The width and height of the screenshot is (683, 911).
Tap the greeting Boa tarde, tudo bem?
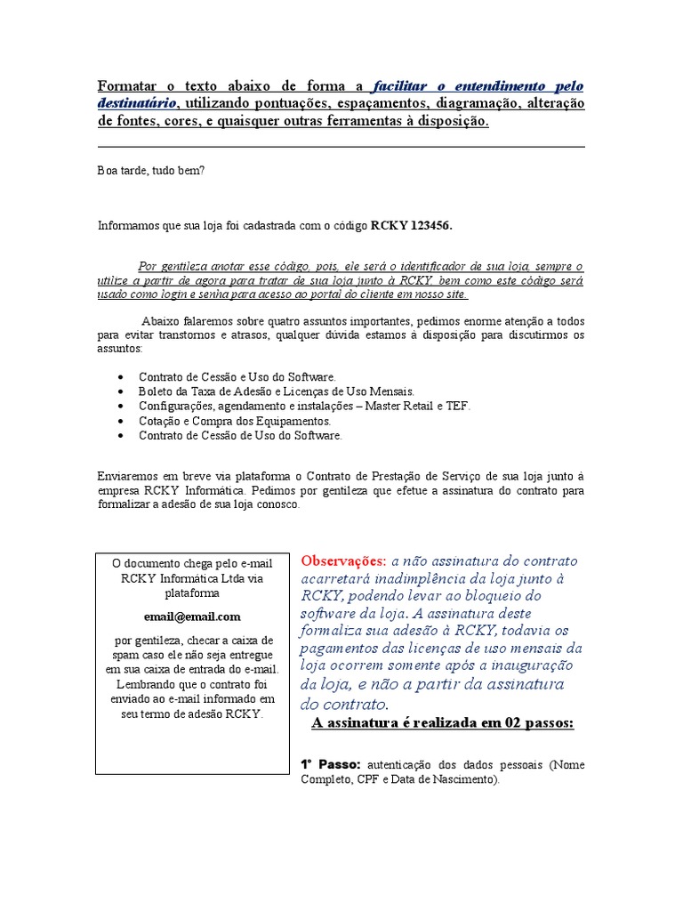click(150, 170)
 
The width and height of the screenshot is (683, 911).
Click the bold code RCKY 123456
click(411, 226)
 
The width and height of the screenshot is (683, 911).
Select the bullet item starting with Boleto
click(276, 391)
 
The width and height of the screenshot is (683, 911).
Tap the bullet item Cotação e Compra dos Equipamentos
click(234, 421)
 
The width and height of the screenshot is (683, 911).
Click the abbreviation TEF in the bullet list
click(459, 406)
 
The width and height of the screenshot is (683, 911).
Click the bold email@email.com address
click(192, 617)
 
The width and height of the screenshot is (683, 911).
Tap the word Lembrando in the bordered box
click(148, 683)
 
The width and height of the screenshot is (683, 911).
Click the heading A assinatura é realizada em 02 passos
click(443, 722)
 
